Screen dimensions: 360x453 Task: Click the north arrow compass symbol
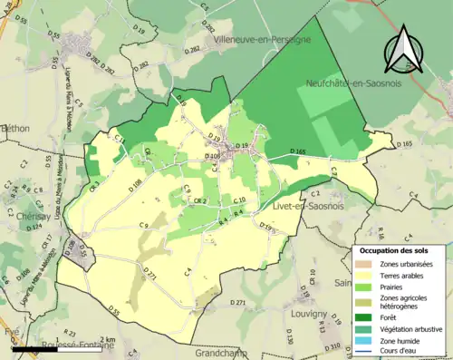[404, 48]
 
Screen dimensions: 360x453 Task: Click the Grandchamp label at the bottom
[226, 352]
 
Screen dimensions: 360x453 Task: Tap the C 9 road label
[143, 225]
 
